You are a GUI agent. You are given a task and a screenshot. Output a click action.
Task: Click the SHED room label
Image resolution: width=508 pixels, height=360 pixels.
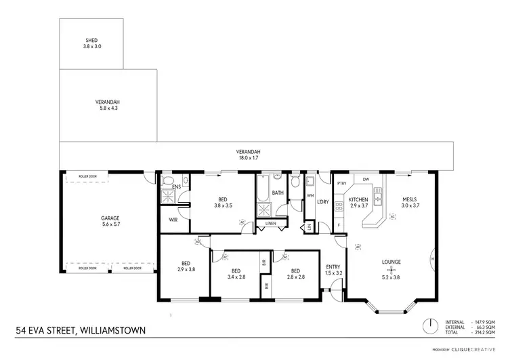click(x=91, y=40)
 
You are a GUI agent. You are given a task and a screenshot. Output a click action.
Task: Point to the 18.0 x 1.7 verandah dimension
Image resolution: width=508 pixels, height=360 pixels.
click(x=249, y=157)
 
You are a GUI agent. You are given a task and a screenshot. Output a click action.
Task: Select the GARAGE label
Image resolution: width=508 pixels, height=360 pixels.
click(x=110, y=218)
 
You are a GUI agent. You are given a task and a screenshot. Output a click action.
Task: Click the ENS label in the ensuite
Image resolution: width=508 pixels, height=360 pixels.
click(x=176, y=187)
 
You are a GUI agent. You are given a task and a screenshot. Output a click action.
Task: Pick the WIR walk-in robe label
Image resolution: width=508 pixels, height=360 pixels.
click(x=173, y=220)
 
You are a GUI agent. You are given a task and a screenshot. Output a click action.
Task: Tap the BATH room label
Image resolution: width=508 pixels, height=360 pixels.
click(x=278, y=193)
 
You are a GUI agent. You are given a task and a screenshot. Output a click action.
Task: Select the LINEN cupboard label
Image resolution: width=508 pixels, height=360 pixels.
click(x=271, y=223)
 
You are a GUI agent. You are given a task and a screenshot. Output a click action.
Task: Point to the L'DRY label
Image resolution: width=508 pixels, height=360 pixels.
click(x=323, y=201)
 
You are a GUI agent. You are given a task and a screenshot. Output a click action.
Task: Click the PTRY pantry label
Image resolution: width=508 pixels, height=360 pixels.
click(x=341, y=183)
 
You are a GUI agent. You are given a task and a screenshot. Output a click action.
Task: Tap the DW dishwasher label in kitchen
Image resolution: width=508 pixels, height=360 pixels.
click(x=366, y=180)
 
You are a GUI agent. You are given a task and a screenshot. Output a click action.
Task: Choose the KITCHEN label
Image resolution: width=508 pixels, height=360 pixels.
click(x=358, y=199)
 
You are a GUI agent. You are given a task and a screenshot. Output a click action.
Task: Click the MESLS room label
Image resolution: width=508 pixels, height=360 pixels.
click(x=409, y=199)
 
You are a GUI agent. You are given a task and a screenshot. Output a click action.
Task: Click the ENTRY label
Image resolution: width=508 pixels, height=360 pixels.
click(x=333, y=266)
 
